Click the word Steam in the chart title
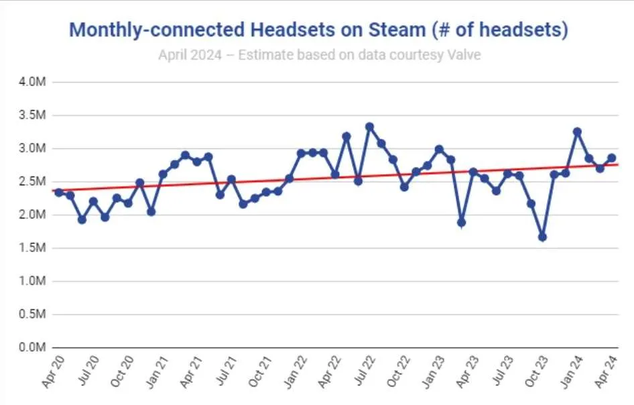point(397,30)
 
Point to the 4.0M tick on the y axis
point(32,82)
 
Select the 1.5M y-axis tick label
point(32,247)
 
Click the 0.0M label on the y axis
point(32,347)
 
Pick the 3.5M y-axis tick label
point(32,115)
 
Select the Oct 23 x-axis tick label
point(536,371)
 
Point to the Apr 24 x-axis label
point(607,372)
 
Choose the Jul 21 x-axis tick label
point(226,371)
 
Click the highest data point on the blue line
point(369,127)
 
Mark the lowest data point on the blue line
point(543,237)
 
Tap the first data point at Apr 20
point(58,192)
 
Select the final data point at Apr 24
point(612,158)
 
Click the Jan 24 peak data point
point(578,132)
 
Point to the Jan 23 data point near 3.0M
point(439,150)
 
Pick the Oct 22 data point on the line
point(404,187)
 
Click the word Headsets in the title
point(293,30)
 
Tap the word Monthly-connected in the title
point(157,30)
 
